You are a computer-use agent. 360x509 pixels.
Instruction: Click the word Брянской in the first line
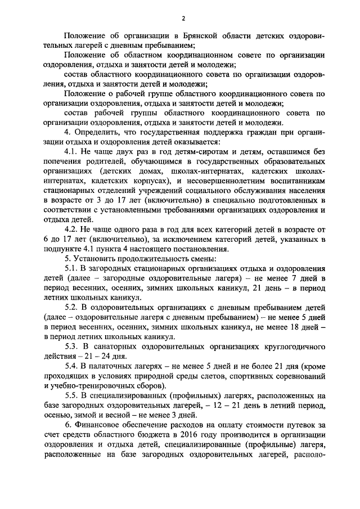click(x=179, y=37)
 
